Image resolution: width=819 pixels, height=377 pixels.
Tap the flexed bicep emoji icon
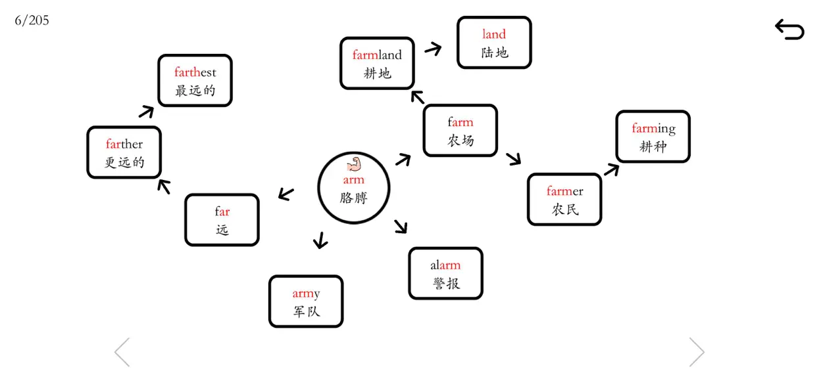point(354,164)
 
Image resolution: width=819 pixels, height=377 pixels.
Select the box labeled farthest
point(195,81)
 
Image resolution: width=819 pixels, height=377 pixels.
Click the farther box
point(124,152)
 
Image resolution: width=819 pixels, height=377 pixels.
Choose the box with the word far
point(222,220)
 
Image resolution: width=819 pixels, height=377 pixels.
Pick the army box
point(306,301)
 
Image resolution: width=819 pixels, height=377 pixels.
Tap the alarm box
point(446,273)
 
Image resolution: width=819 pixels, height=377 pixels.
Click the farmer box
point(564,199)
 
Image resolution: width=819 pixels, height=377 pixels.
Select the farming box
point(653,137)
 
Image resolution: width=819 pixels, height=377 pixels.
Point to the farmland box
point(377,63)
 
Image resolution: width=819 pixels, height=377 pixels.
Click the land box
point(494,42)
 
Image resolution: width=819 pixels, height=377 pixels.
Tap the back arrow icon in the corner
point(790,30)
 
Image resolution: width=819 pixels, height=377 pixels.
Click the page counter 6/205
point(32,20)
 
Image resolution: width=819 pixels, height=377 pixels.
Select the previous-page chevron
point(122,352)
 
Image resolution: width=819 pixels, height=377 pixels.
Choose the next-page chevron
point(697,352)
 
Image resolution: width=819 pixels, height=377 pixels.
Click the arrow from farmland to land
point(434,49)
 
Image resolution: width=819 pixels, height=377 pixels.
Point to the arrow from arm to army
point(320,240)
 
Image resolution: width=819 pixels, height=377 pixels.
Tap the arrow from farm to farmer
point(514,159)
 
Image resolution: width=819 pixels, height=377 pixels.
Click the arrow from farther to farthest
point(147,112)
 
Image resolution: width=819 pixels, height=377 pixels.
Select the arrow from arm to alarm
point(401,227)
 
